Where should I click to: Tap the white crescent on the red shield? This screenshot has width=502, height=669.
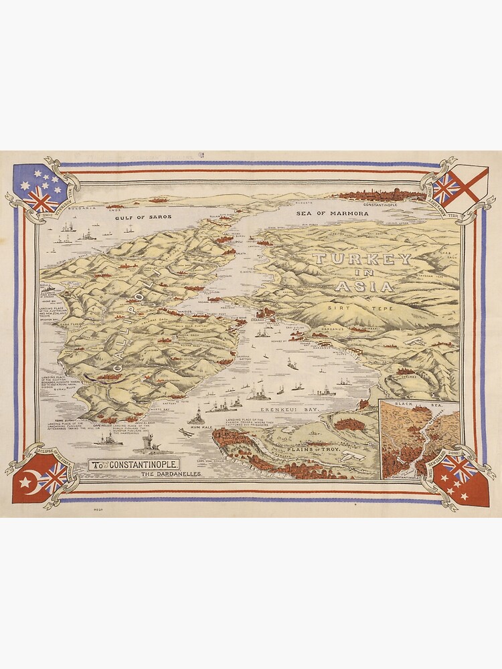click(x=27, y=480)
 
